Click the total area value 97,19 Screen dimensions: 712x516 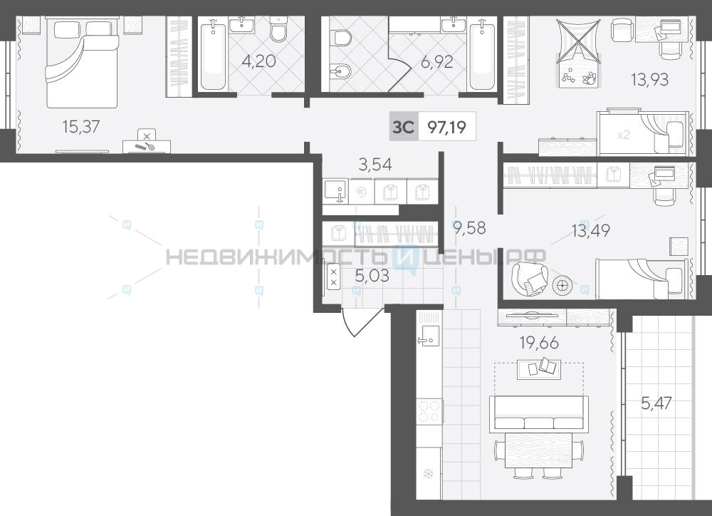447,128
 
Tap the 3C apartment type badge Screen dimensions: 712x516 404,127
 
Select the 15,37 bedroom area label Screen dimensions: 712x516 81,126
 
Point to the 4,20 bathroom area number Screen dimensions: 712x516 258,61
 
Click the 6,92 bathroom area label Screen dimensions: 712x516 437,61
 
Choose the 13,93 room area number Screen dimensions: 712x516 650,80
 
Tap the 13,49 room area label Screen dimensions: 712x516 591,230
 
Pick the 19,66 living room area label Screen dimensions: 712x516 540,343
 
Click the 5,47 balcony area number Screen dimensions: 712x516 656,403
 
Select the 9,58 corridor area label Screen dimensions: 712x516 469,227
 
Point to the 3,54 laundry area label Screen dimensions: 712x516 375,165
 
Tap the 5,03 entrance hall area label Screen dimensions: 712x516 372,276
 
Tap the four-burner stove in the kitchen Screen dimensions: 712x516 429,411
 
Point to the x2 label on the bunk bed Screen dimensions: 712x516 624,135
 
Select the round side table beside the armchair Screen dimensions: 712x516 562,286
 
